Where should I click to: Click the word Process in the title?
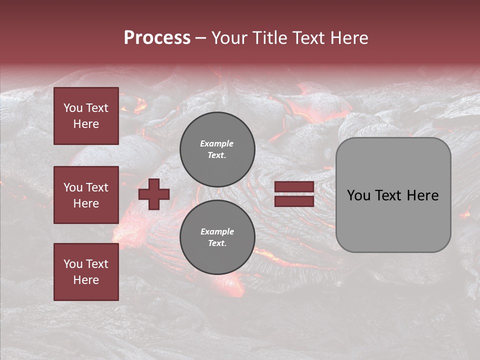pos(157,38)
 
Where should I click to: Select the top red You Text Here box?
pos(86,116)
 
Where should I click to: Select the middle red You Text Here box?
pos(86,195)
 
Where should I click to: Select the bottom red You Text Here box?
pos(86,271)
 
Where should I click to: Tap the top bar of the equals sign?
pos(294,187)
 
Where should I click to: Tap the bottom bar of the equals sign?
pos(294,201)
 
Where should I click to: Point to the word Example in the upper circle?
pos(216,143)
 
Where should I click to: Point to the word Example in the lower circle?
pos(217,231)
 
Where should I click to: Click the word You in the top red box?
pos(72,108)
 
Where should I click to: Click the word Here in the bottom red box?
pos(86,280)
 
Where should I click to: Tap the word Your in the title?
pos(229,38)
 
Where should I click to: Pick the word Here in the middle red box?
pos(86,203)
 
